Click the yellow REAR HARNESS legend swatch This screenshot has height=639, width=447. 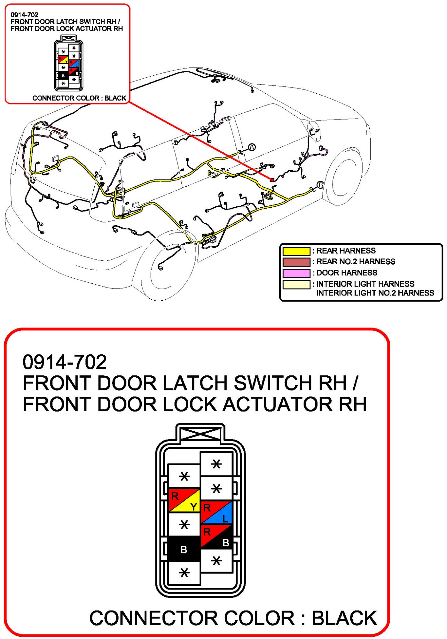tap(296, 251)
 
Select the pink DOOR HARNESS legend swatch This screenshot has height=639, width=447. tap(296, 273)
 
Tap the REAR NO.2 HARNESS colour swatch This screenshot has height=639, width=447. tap(296, 262)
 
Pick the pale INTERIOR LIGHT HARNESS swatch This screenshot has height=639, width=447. tap(296, 284)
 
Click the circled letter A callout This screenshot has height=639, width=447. tap(252, 147)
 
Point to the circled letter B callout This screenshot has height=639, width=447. tap(320, 185)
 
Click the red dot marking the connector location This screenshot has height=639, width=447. tap(272, 180)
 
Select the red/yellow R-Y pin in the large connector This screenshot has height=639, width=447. tap(184, 500)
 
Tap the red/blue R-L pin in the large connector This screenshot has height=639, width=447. tap(216, 512)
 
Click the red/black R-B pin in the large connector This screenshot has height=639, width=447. tap(216, 537)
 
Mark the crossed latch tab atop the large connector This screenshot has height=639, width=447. tap(200, 434)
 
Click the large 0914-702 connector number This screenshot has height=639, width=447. tap(65, 362)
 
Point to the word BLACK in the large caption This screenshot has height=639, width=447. tap(344, 618)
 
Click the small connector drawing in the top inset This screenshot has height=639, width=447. tap(68, 63)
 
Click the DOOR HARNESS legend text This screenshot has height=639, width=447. tap(347, 273)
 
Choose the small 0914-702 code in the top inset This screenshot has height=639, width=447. tap(24, 15)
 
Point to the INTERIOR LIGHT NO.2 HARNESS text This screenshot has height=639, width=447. tap(375, 293)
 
